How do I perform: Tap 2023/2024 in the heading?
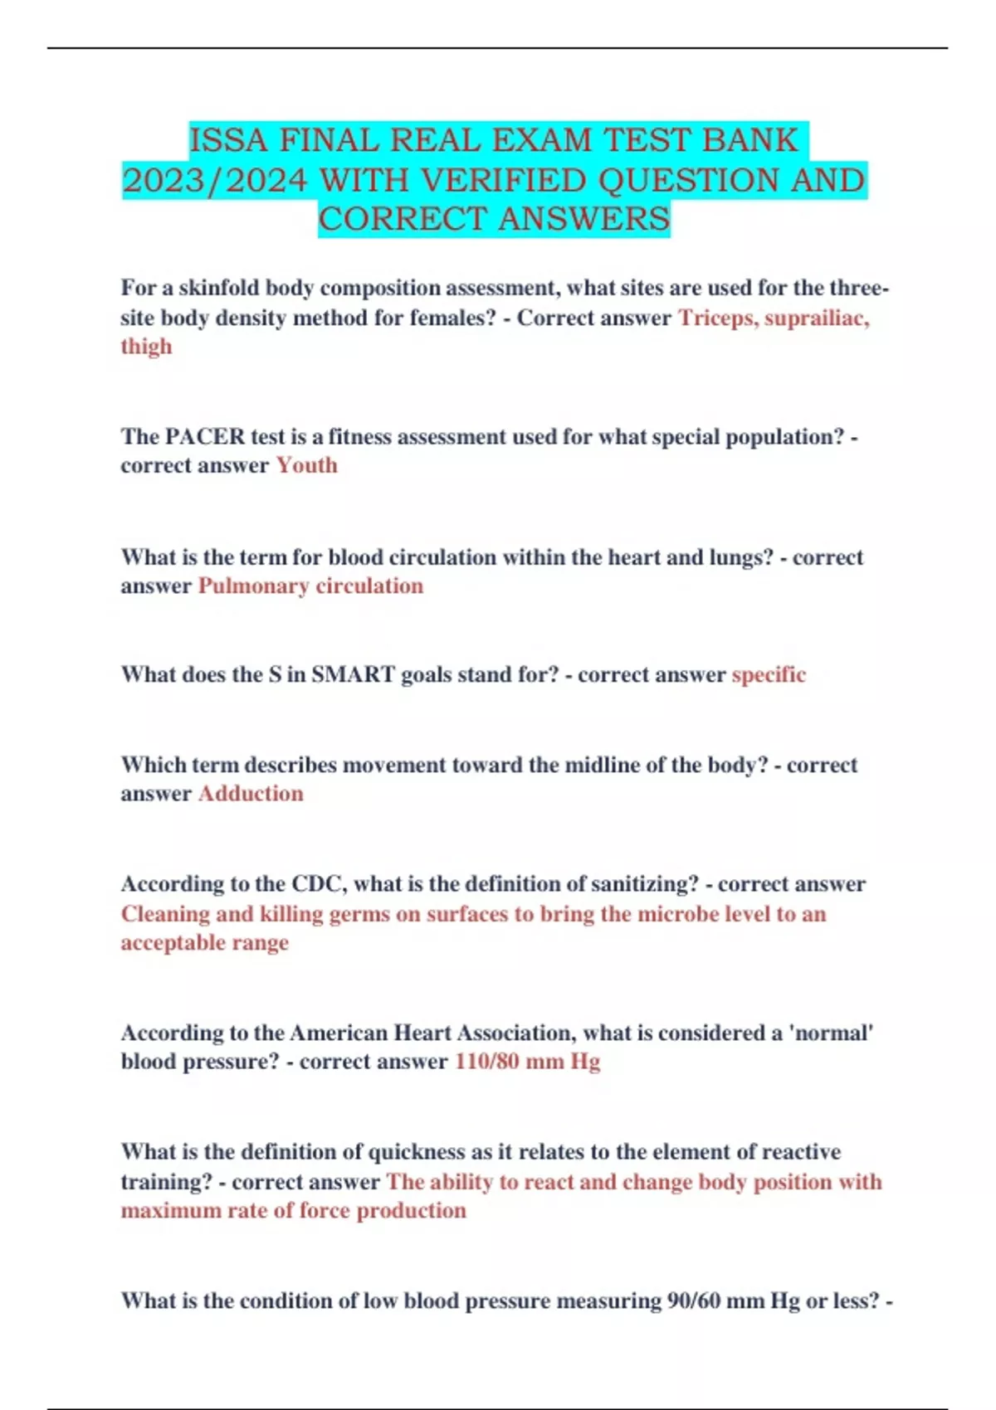215,180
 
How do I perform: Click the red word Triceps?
716,318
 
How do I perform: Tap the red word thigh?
146,346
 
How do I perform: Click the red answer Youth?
306,465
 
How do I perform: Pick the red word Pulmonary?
253,586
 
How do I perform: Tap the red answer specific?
769,674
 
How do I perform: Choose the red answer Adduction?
251,794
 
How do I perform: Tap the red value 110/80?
486,1062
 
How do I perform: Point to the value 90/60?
694,1301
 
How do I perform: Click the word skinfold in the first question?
218,288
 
